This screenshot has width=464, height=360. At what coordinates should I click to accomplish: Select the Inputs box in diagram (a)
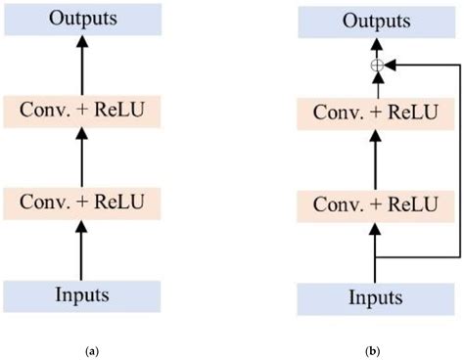point(81,294)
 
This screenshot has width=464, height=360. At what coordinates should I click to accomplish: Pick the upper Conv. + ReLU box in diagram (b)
point(374,112)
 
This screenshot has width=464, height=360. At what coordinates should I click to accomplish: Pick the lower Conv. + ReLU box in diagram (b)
point(374,204)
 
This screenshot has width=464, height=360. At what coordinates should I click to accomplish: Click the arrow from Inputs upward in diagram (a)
point(81,248)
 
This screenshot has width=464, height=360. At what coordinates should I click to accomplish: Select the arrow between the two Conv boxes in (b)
point(374,157)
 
